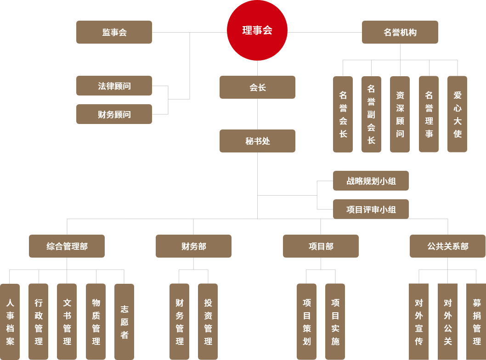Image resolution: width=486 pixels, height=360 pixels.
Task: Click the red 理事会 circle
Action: (x=257, y=30)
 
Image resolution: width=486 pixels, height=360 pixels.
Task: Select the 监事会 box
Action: (x=114, y=32)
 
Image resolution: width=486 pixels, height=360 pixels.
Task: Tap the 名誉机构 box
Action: (x=400, y=32)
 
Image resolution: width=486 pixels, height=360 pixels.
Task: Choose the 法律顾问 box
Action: (x=114, y=86)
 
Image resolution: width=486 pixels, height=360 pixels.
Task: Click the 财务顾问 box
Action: (x=114, y=114)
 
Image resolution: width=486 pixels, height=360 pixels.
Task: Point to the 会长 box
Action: (x=257, y=87)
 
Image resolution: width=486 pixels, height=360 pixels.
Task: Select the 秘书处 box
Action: (x=257, y=141)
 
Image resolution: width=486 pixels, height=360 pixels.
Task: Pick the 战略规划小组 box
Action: (x=371, y=181)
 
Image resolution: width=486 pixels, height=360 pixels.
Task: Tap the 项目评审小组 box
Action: (x=371, y=209)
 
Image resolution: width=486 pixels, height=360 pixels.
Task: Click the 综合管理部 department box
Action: (x=67, y=246)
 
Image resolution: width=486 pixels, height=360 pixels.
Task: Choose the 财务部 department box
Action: (x=193, y=246)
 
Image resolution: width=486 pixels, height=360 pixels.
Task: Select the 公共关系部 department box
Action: (x=447, y=246)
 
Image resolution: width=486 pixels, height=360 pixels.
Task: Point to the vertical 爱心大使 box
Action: (x=457, y=114)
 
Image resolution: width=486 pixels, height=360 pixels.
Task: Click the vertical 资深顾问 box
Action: (x=400, y=114)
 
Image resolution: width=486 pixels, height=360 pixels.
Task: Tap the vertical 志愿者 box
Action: (x=124, y=321)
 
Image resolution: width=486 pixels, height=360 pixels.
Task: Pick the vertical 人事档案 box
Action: (x=10, y=321)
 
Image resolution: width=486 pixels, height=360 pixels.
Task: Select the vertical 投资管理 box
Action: (x=208, y=321)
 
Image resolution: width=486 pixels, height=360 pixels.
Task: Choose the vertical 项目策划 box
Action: (x=306, y=321)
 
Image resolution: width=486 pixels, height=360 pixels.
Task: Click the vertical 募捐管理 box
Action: (x=476, y=321)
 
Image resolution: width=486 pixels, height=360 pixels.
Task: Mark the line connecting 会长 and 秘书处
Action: (x=257, y=114)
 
